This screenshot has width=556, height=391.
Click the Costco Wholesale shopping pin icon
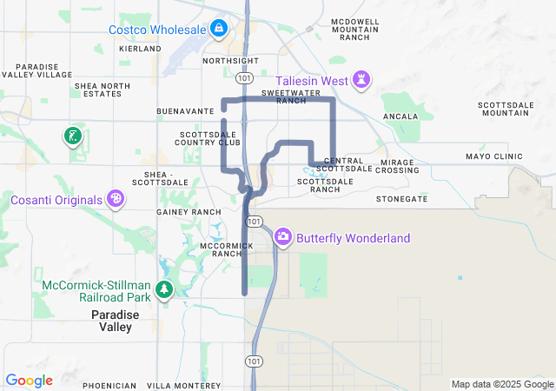(x=219, y=30)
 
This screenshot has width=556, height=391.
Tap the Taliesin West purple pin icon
(x=362, y=82)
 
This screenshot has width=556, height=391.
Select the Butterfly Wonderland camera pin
(x=283, y=237)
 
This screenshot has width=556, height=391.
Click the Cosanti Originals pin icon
(x=116, y=200)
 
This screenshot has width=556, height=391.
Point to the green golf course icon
(x=73, y=136)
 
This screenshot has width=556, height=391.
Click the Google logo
(x=29, y=381)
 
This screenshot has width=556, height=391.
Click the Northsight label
(x=230, y=62)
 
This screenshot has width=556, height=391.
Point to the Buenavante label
(x=185, y=112)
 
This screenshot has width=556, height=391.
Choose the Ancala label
(x=400, y=116)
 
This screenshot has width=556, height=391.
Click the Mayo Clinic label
(x=494, y=157)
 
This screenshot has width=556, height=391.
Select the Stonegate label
(x=401, y=199)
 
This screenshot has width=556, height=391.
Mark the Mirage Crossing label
(x=398, y=166)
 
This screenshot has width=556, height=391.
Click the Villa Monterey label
(x=183, y=385)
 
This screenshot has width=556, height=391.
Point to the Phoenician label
(x=109, y=385)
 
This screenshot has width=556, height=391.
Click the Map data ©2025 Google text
(x=501, y=384)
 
